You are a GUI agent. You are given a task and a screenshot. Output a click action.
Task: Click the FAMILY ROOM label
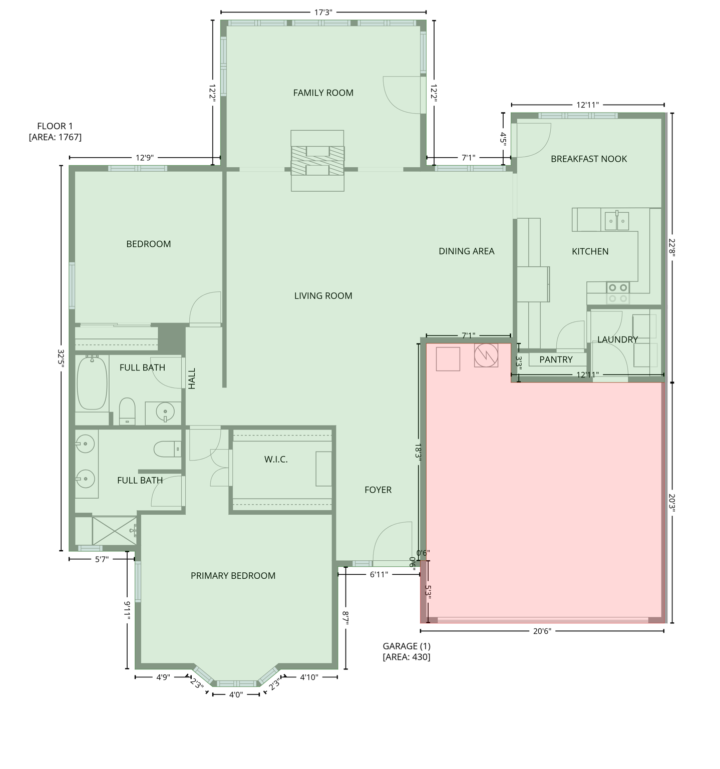323,93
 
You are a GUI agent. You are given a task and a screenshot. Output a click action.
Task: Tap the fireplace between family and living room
318,161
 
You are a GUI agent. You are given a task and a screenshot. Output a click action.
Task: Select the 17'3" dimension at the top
323,13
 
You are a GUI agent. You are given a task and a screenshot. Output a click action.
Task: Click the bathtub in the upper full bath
92,382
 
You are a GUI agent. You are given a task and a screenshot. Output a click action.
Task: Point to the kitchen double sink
616,221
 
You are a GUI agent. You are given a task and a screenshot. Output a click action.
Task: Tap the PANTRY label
556,359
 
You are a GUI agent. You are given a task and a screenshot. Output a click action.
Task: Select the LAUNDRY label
617,339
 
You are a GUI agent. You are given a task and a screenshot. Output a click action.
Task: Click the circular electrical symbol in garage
486,355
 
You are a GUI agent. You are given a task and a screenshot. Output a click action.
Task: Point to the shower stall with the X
114,530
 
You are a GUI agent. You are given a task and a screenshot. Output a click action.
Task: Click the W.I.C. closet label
276,459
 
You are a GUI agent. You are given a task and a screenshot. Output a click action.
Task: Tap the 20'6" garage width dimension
542,631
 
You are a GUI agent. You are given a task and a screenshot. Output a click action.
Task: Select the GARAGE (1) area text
407,651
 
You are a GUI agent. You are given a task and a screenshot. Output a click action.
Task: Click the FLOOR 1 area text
55,131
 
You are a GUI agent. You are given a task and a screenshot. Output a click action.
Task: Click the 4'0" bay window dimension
236,694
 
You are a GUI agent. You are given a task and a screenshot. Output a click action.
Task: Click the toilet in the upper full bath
128,411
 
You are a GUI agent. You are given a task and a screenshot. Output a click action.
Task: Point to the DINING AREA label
466,251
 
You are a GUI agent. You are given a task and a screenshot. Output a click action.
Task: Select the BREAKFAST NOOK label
589,159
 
